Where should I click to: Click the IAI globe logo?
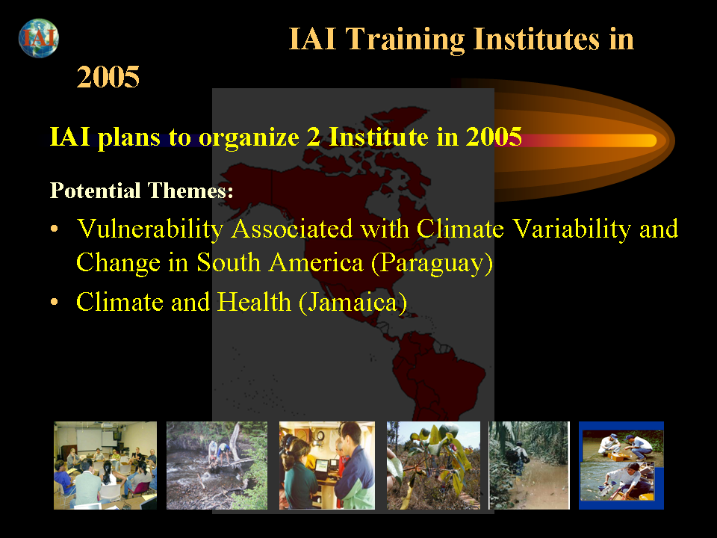coord(39,38)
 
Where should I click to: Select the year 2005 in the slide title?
coord(108,76)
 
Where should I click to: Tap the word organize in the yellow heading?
coord(249,137)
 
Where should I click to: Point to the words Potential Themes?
coord(141,190)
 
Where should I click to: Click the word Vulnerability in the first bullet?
coord(150,229)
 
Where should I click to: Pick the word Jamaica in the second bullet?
coord(353,303)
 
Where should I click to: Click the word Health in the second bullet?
coord(254,302)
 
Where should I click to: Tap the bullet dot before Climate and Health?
coord(55,302)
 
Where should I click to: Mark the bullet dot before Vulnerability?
coord(55,229)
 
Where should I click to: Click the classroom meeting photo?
coord(105,466)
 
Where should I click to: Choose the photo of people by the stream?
coord(217,466)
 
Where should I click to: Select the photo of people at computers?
coord(327,466)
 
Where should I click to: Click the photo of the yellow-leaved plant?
coord(433,466)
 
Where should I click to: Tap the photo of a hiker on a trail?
coord(529,466)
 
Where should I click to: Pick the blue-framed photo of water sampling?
coord(621,466)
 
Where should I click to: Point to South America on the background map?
coord(437,375)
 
